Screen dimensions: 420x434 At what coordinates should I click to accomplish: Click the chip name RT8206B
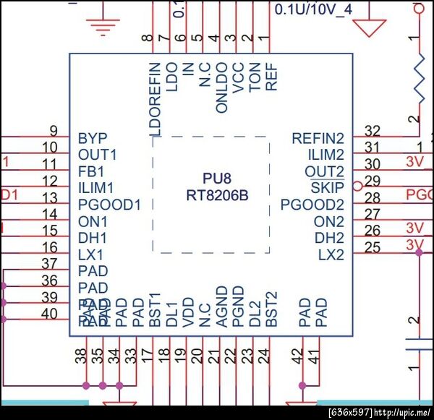217,195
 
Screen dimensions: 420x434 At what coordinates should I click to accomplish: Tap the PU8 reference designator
217,179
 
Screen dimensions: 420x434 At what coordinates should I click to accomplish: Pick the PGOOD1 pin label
109,205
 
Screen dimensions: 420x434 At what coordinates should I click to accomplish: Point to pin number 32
373,131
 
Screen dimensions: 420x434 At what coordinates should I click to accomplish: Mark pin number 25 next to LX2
373,248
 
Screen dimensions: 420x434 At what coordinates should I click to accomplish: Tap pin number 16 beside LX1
50,248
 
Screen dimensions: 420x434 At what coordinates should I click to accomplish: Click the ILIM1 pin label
97,188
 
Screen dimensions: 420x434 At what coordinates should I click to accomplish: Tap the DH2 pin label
329,238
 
